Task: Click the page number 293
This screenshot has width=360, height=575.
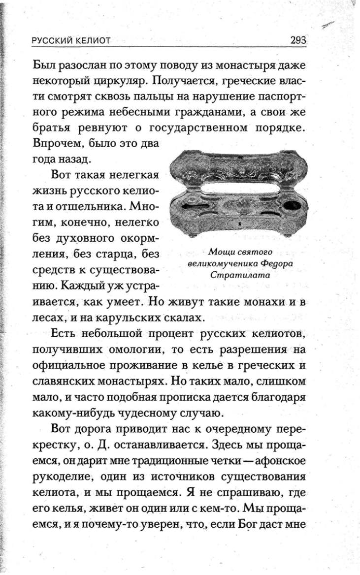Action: click(x=299, y=41)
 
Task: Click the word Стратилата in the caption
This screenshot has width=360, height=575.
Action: click(x=240, y=276)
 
